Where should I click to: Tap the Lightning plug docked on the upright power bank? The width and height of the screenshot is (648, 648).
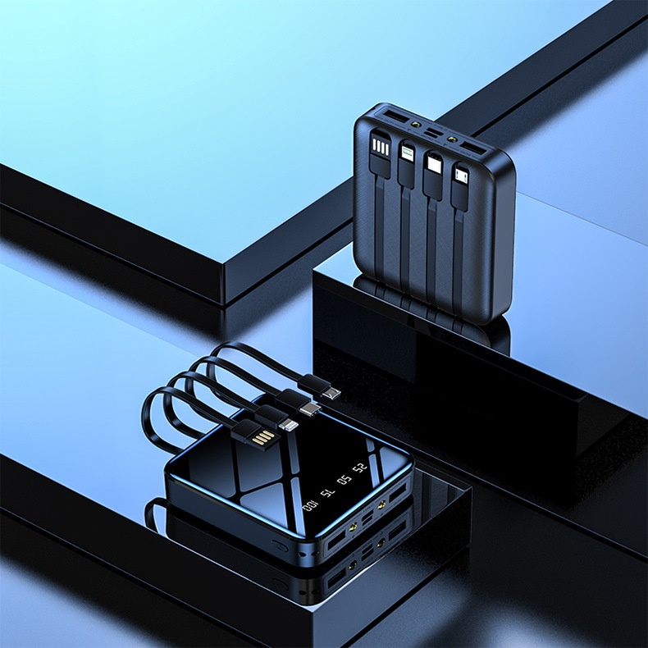(406, 154)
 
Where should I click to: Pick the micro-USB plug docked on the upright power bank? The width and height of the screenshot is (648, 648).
(462, 176)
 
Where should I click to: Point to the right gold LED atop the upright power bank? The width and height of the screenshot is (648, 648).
(453, 138)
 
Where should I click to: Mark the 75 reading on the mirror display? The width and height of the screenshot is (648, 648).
(328, 493)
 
